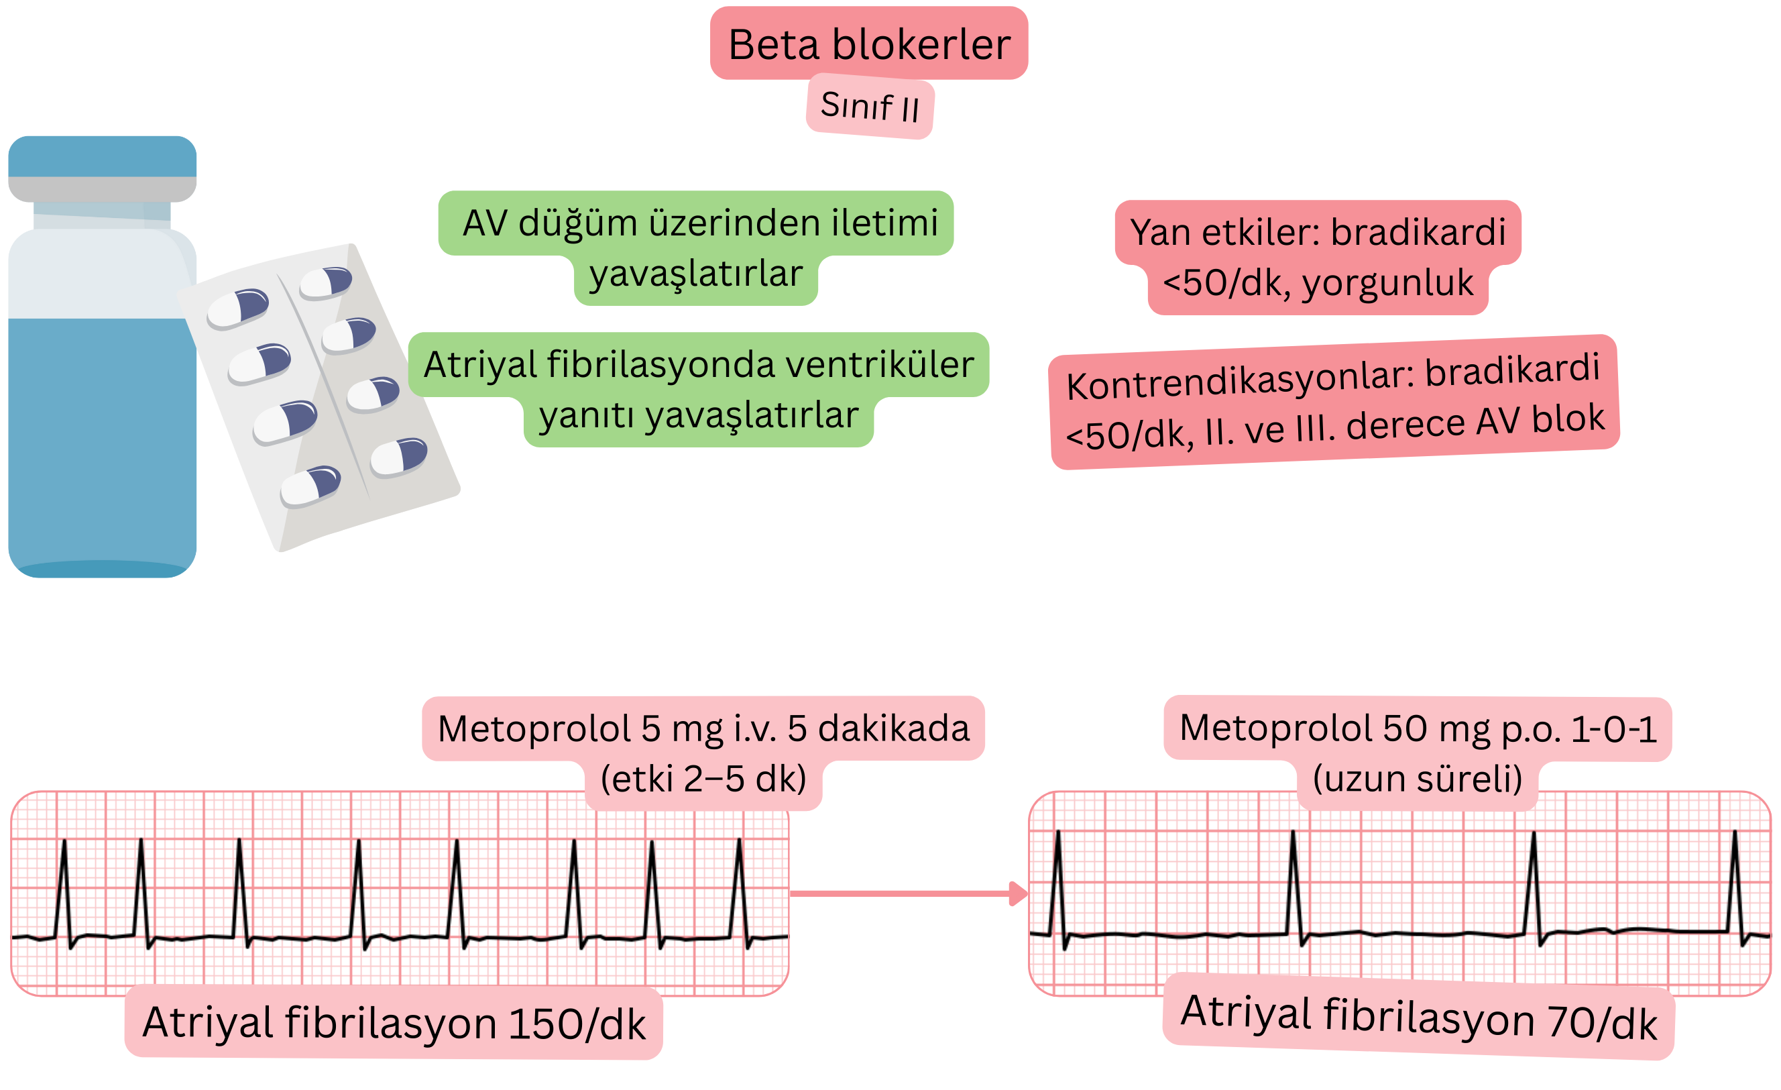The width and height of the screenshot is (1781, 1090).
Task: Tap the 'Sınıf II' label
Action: point(870,107)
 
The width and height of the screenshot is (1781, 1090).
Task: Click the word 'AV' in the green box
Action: point(485,223)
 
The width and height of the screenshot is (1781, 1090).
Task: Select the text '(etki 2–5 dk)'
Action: point(703,779)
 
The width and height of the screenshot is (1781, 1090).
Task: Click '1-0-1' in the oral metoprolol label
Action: point(1614,728)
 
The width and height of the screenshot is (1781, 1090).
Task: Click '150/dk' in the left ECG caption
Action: point(577,1025)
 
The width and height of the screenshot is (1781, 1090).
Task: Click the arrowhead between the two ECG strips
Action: point(1019,893)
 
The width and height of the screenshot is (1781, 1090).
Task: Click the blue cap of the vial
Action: point(102,156)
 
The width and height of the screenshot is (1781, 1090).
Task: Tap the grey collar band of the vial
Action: point(102,188)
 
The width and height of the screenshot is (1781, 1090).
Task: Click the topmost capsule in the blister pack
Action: point(326,282)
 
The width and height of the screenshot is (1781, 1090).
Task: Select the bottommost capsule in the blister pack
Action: point(311,486)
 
